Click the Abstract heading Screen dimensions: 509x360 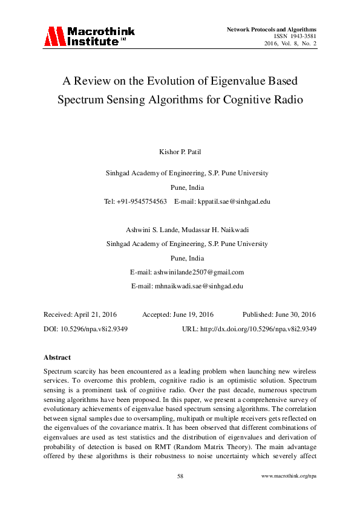point(57,357)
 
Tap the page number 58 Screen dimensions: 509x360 point(180,476)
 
